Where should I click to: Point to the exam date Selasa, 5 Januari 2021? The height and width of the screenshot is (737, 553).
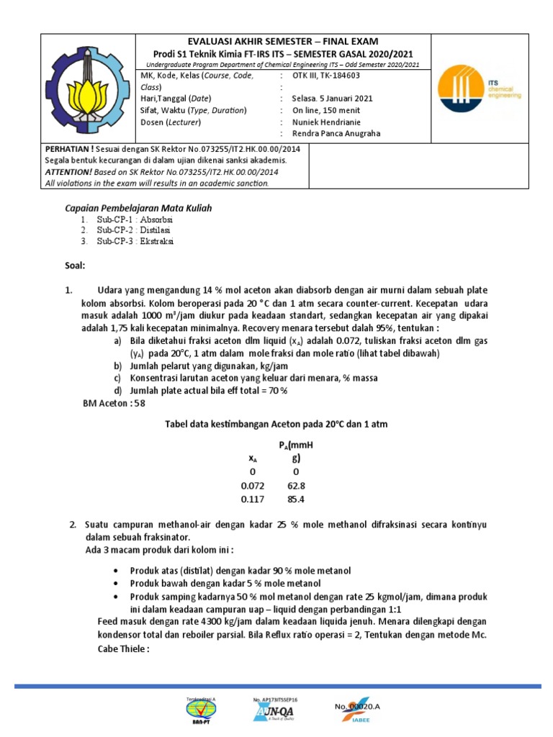pos(333,99)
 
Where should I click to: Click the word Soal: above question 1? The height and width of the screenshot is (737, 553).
pos(75,266)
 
